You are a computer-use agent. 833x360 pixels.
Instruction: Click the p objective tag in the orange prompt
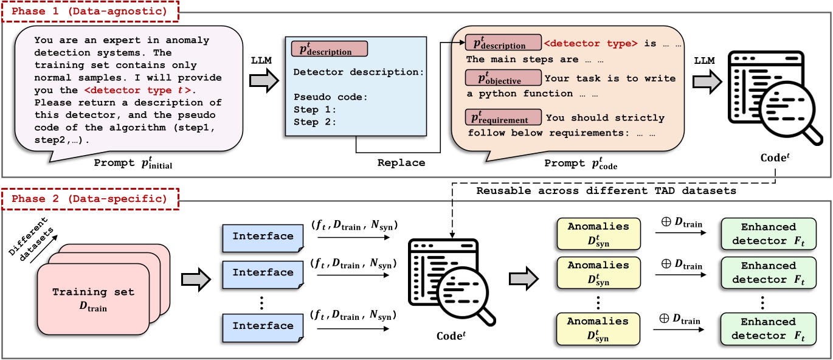pos(502,78)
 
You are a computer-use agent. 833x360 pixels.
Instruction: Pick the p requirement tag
pos(503,117)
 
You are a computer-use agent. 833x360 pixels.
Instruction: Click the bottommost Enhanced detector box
pos(768,328)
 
